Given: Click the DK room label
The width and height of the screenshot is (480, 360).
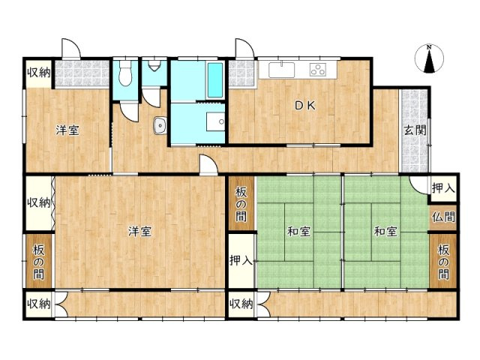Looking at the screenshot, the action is pyautogui.click(x=304, y=106).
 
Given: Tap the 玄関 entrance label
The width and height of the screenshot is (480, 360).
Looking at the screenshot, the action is pyautogui.click(x=415, y=130).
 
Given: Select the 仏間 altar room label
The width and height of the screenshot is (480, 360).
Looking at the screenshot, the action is pyautogui.click(x=443, y=217).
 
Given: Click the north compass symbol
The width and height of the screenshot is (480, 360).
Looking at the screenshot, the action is pyautogui.click(x=429, y=58).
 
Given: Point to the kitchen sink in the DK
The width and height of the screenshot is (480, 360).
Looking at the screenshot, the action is pyautogui.click(x=282, y=70).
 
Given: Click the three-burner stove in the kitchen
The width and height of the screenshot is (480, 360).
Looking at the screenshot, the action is pyautogui.click(x=317, y=70).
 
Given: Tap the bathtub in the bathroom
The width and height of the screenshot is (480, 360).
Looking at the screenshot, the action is pyautogui.click(x=215, y=80).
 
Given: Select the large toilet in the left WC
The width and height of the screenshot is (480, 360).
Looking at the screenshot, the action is pyautogui.click(x=125, y=73).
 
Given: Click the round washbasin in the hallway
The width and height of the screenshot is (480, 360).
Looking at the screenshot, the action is pyautogui.click(x=160, y=125).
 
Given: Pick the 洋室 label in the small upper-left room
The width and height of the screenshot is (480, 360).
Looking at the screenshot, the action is pyautogui.click(x=67, y=130).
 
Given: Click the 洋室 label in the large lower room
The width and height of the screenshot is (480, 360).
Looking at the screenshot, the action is pyautogui.click(x=139, y=231).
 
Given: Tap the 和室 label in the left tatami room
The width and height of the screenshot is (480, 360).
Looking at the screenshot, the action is pyautogui.click(x=298, y=232).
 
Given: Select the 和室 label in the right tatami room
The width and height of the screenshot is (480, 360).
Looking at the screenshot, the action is pyautogui.click(x=385, y=232).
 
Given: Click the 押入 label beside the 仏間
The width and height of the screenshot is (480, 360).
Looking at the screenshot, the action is pyautogui.click(x=443, y=188).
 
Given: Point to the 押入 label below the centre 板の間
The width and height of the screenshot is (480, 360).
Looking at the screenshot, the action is pyautogui.click(x=241, y=260).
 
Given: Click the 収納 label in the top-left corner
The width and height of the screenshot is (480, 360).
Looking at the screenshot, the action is pyautogui.click(x=39, y=73).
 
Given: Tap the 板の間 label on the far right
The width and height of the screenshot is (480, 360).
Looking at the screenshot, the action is pyautogui.click(x=443, y=262).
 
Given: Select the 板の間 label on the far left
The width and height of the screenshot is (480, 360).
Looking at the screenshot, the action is pyautogui.click(x=38, y=262).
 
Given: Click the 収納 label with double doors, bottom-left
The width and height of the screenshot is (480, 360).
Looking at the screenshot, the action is pyautogui.click(x=38, y=304).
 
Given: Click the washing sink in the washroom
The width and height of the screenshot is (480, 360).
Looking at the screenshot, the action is pyautogui.click(x=215, y=121).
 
